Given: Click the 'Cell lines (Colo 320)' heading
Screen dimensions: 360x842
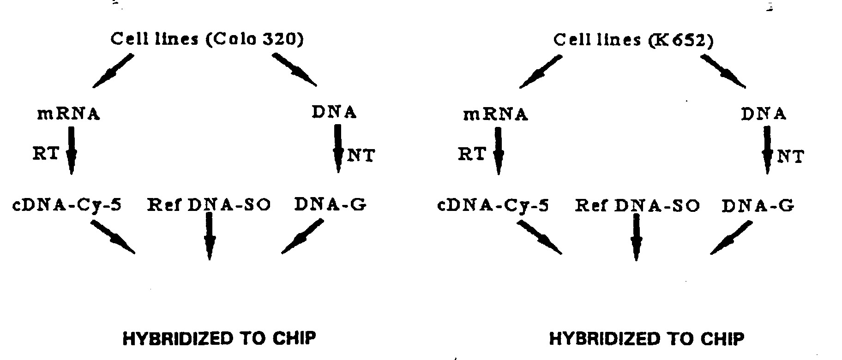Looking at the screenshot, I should click(x=207, y=39).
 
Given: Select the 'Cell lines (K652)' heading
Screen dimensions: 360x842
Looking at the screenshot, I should click(x=633, y=41).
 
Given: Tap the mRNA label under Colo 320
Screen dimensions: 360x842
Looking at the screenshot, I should click(x=68, y=114).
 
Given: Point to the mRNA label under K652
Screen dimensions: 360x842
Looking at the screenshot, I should click(x=495, y=114).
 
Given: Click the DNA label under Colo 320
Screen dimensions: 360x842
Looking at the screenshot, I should click(x=334, y=112).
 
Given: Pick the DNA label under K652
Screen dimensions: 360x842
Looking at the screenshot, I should click(x=764, y=114).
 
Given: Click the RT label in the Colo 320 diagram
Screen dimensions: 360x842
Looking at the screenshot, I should click(x=46, y=153).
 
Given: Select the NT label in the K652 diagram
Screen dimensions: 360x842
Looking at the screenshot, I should click(x=790, y=157).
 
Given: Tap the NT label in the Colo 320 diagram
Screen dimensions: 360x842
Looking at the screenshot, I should click(x=361, y=156).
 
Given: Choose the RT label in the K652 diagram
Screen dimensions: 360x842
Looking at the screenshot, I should click(x=472, y=154).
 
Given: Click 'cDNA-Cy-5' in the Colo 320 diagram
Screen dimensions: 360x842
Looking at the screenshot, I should click(x=67, y=204).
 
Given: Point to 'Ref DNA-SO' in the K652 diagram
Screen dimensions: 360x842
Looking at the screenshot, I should click(x=637, y=205).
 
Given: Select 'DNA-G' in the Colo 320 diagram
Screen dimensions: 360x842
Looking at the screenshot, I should click(x=331, y=204).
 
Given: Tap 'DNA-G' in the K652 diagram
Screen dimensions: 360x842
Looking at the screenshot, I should click(x=758, y=205).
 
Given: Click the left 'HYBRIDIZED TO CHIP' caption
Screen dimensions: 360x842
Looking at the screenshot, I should click(x=219, y=338).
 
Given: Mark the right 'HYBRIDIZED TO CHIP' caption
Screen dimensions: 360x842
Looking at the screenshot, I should click(x=646, y=339).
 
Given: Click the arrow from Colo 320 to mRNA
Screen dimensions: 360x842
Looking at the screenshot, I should click(x=113, y=71).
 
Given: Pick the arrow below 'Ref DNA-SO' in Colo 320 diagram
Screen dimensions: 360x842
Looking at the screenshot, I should click(x=209, y=236).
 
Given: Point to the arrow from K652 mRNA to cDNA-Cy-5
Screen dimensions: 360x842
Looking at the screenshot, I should click(x=498, y=151).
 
